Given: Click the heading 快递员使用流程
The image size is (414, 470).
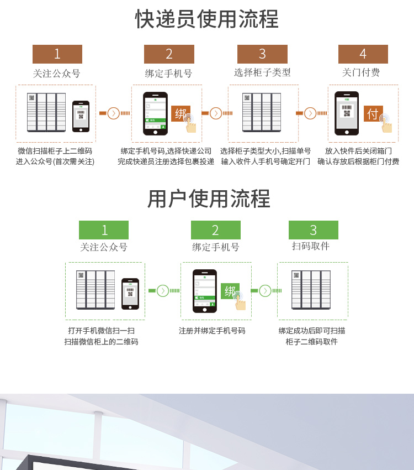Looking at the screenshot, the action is coord(207,19).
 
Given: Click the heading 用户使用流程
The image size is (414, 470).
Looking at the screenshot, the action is coord(209,199).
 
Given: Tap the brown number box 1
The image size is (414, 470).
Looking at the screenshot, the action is coord(57,54).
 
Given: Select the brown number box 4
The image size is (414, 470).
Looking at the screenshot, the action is coord(363,54).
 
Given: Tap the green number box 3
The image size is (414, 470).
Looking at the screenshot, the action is coord(313,230).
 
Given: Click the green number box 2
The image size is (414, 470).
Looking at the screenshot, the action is coord(215,230).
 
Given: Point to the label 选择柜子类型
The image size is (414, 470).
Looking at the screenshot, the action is coord(262,72).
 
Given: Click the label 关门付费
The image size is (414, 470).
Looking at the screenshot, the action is coord(361,72).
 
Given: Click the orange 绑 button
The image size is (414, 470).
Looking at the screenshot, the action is coord(181,114).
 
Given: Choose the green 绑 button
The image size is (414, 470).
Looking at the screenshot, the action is coord(230,291).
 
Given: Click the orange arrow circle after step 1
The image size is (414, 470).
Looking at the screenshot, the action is coord(114,113).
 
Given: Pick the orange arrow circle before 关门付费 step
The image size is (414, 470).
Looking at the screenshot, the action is coord(310,113).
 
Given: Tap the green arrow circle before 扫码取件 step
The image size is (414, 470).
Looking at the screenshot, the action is coord(266,291).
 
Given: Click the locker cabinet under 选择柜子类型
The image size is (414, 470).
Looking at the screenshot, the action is coord(262,112).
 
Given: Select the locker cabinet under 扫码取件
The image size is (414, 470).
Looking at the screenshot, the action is coord(311,290).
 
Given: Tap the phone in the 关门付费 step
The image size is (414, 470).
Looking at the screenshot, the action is coord(347,113).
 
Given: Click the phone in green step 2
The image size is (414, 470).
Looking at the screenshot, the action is coord(205,291).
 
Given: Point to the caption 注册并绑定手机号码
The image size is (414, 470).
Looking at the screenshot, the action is coord(212,331).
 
